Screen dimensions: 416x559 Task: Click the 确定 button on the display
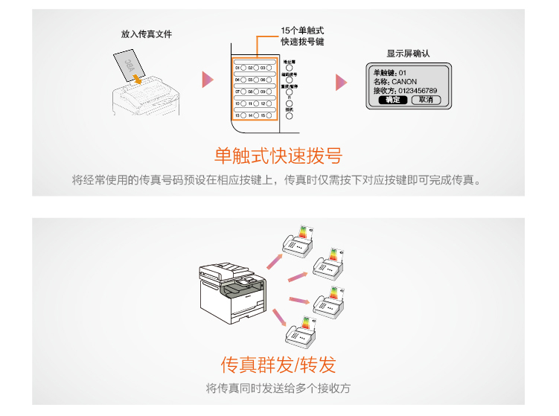(392, 100)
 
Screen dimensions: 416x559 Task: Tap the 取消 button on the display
(425, 100)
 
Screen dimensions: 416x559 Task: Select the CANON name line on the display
(395, 81)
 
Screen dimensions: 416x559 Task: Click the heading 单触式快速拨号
(278, 156)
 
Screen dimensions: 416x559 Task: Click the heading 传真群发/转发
(278, 364)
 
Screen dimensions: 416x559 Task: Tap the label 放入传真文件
(147, 34)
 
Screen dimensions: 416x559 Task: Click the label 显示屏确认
(408, 54)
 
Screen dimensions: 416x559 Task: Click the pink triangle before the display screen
(341, 81)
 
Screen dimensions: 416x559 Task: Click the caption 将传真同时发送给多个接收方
(278, 388)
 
